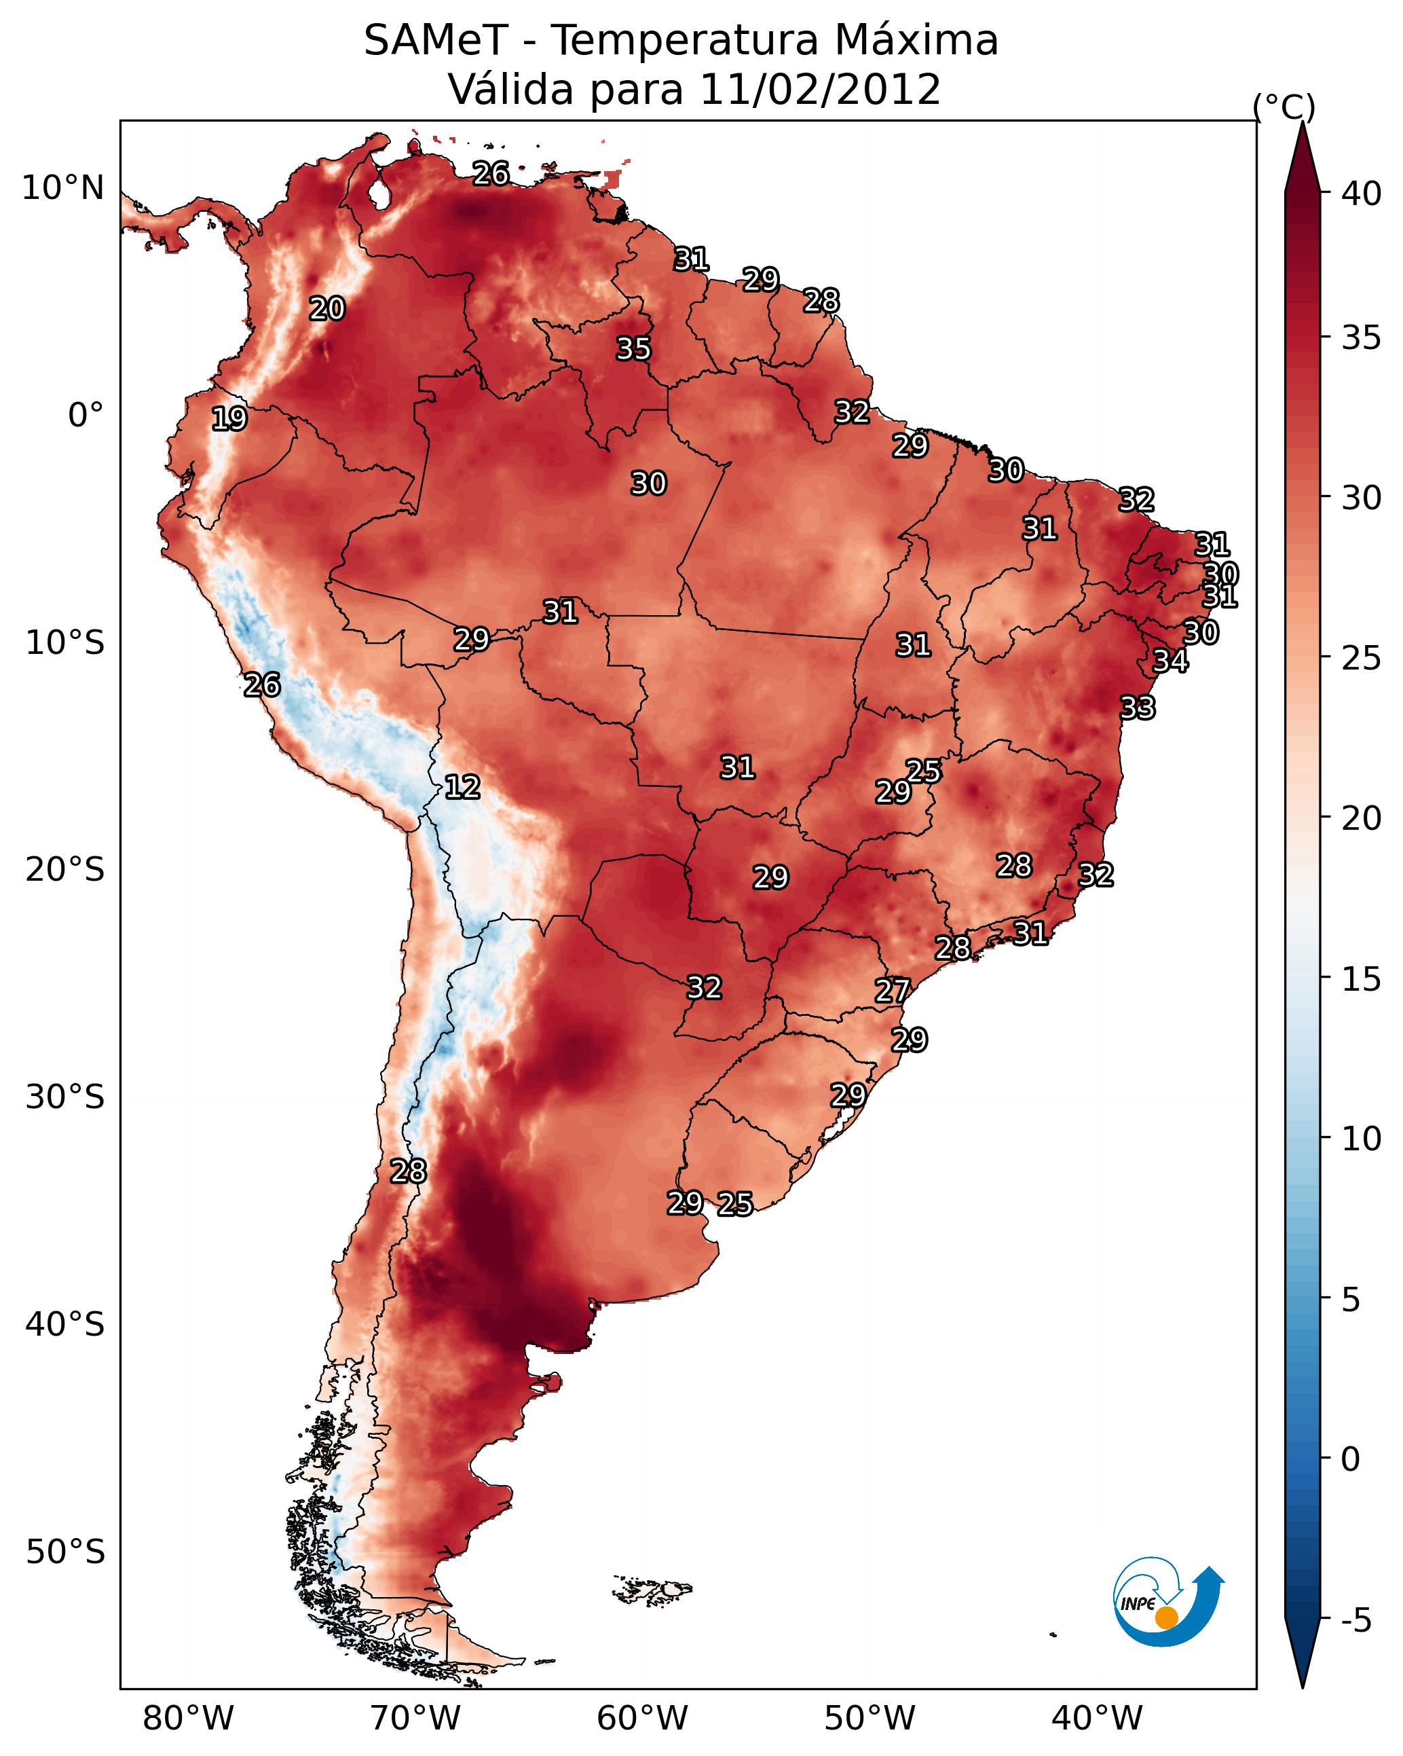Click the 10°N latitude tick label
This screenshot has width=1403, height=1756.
click(62, 188)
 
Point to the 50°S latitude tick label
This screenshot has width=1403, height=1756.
click(65, 1552)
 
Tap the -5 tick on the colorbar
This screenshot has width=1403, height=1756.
click(1355, 1621)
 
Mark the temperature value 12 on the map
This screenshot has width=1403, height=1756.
click(462, 787)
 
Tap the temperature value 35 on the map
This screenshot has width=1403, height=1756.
click(633, 348)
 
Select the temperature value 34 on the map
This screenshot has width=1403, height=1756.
click(1170, 661)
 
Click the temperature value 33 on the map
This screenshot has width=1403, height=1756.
click(1138, 708)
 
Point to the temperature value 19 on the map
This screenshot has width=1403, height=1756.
click(229, 419)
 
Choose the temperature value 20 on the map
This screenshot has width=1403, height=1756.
click(327, 309)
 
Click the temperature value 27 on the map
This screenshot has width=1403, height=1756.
click(892, 991)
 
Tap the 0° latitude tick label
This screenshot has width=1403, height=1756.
click(86, 416)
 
